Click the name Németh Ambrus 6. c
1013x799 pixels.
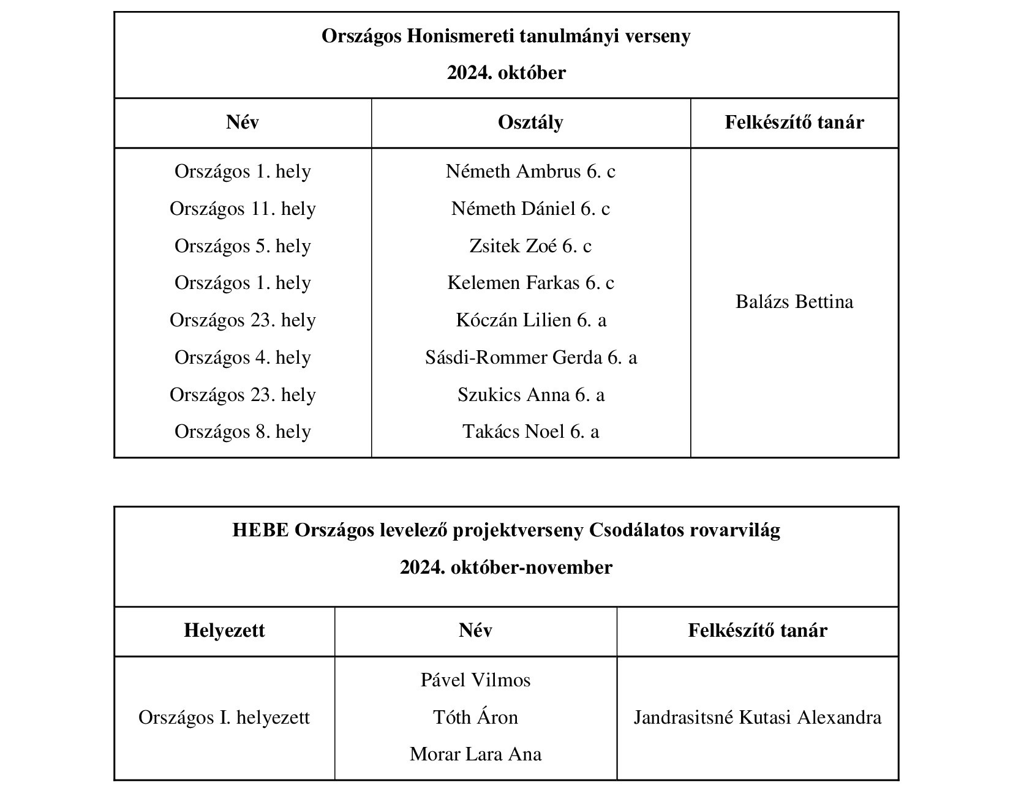pos(530,171)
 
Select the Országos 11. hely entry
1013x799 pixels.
pos(243,209)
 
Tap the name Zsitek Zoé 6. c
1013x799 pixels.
pos(530,246)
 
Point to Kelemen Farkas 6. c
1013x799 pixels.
pos(530,283)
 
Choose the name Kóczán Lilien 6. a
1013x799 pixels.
pos(530,320)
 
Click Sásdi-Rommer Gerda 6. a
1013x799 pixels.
pos(530,358)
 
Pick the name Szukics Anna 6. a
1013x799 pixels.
pos(530,395)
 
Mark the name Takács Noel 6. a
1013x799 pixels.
pos(530,432)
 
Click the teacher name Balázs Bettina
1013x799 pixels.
pos(794,302)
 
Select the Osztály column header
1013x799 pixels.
pos(530,122)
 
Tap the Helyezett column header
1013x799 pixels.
pos(224,631)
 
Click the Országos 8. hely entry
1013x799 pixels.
pos(243,432)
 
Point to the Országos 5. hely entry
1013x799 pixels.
pos(243,246)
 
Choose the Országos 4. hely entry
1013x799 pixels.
pos(243,358)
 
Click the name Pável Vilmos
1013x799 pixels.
pos(475,680)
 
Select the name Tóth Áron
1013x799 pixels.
pos(475,718)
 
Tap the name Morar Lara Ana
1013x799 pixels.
pos(475,754)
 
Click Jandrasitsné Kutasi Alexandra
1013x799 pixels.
pos(757,718)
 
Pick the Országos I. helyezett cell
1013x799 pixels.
pos(224,718)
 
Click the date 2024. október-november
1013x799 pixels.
pos(506,568)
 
